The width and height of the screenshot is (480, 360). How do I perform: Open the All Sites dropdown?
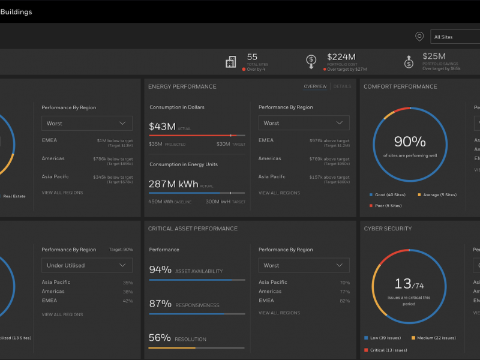point(455,37)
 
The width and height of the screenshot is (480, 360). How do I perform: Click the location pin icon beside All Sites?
point(419,37)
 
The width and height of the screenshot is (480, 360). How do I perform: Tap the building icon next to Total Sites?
point(230,62)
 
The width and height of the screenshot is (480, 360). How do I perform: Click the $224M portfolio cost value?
point(341,56)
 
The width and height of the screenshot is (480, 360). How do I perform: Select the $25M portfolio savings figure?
point(434,56)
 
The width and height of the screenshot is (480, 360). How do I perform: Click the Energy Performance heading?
point(182,86)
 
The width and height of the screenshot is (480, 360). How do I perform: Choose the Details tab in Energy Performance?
point(342,86)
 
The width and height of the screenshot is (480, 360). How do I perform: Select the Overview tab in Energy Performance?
point(315,86)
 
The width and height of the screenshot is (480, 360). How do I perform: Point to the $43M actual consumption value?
point(162,127)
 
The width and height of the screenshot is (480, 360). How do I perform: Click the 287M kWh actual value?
point(173,184)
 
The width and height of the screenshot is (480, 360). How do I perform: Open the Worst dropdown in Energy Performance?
point(304,123)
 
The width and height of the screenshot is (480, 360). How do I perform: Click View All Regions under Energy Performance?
point(279,193)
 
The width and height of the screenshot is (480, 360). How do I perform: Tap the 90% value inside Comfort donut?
point(410,142)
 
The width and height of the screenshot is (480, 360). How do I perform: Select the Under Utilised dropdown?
point(87,265)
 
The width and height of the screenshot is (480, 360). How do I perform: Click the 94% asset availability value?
point(160,271)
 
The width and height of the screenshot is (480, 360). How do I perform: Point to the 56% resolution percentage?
point(160,338)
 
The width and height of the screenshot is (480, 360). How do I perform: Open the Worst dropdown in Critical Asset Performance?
point(304,265)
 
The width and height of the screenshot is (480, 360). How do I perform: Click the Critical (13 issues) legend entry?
point(387,350)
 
